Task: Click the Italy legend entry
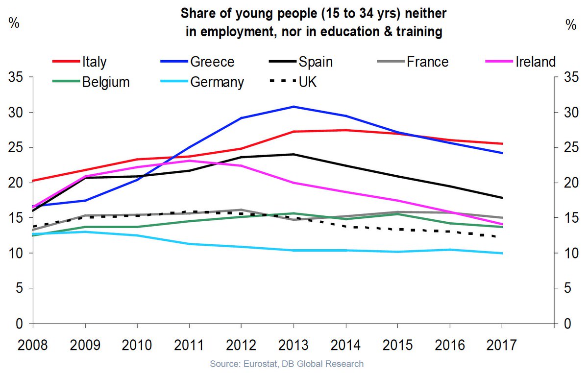pos(79,62)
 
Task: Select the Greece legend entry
pos(197,62)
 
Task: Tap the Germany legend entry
pos(202,82)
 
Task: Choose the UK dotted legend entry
pos(293,82)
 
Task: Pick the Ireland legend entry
pos(520,62)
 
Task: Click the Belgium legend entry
pos(91,82)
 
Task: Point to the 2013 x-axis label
pos(293,345)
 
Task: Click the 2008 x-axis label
pos(32,345)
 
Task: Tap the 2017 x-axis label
pos(502,345)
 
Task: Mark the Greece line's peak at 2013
pos(294,107)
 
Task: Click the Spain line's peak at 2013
pos(294,154)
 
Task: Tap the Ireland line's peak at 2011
pos(189,161)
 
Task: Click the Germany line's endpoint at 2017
pos(502,253)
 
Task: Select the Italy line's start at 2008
pos(33,181)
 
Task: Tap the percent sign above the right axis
pos(571,25)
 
